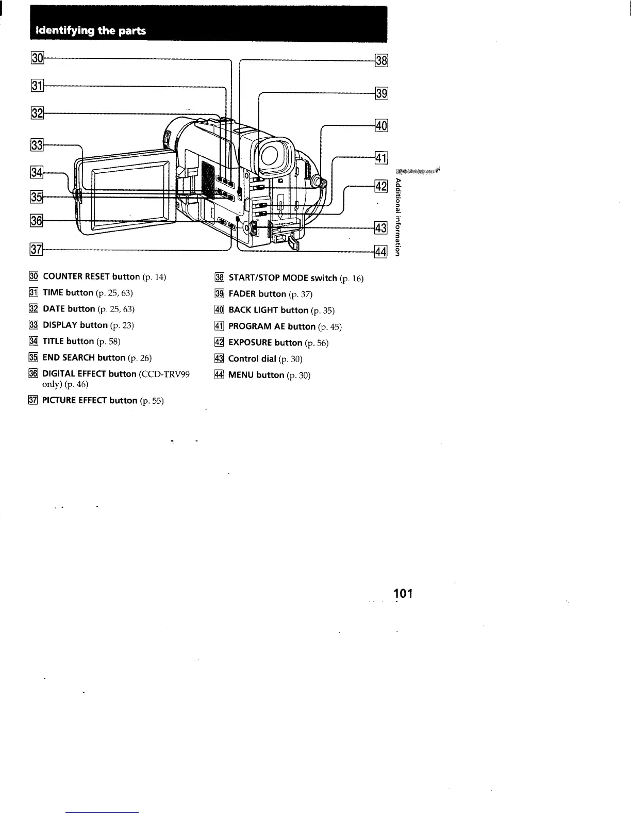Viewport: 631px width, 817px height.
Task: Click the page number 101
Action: coord(403,594)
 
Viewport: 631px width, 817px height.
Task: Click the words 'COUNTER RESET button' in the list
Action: coord(91,276)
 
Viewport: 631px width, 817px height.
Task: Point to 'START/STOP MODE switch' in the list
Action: coord(283,277)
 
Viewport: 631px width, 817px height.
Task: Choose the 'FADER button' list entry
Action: coord(257,294)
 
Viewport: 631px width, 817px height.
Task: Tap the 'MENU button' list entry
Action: coord(256,375)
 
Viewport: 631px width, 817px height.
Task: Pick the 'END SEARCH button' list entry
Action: coord(84,357)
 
